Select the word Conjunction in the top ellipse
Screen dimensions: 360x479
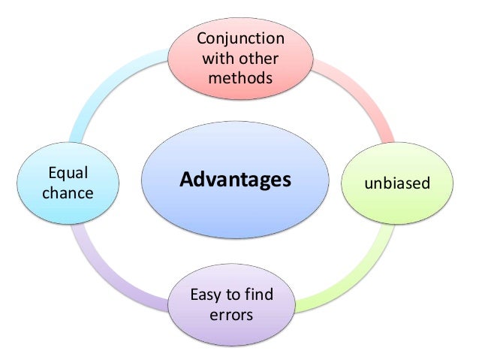[x=239, y=39]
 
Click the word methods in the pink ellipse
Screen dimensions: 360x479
[x=239, y=78]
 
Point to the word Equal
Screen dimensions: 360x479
[x=68, y=174]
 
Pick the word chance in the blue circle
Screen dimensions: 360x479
[x=68, y=193]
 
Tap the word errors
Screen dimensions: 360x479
[x=232, y=313]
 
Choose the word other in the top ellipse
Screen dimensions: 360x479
[x=257, y=59]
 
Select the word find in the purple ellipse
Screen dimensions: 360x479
[x=258, y=294]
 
